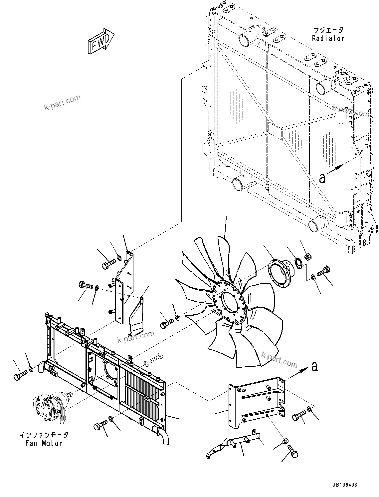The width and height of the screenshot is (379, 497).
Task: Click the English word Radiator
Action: click(328, 38)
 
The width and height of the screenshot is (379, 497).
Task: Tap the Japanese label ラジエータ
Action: click(328, 30)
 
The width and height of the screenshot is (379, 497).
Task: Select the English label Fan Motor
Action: click(44, 443)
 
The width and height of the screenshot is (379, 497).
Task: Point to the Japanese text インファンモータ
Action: click(44, 435)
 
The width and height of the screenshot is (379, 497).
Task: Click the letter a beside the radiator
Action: click(322, 178)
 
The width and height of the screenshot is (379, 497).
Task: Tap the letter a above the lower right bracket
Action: click(314, 367)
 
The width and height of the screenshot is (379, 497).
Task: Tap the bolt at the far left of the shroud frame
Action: click(18, 376)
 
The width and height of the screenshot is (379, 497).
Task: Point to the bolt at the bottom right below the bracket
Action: click(293, 452)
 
